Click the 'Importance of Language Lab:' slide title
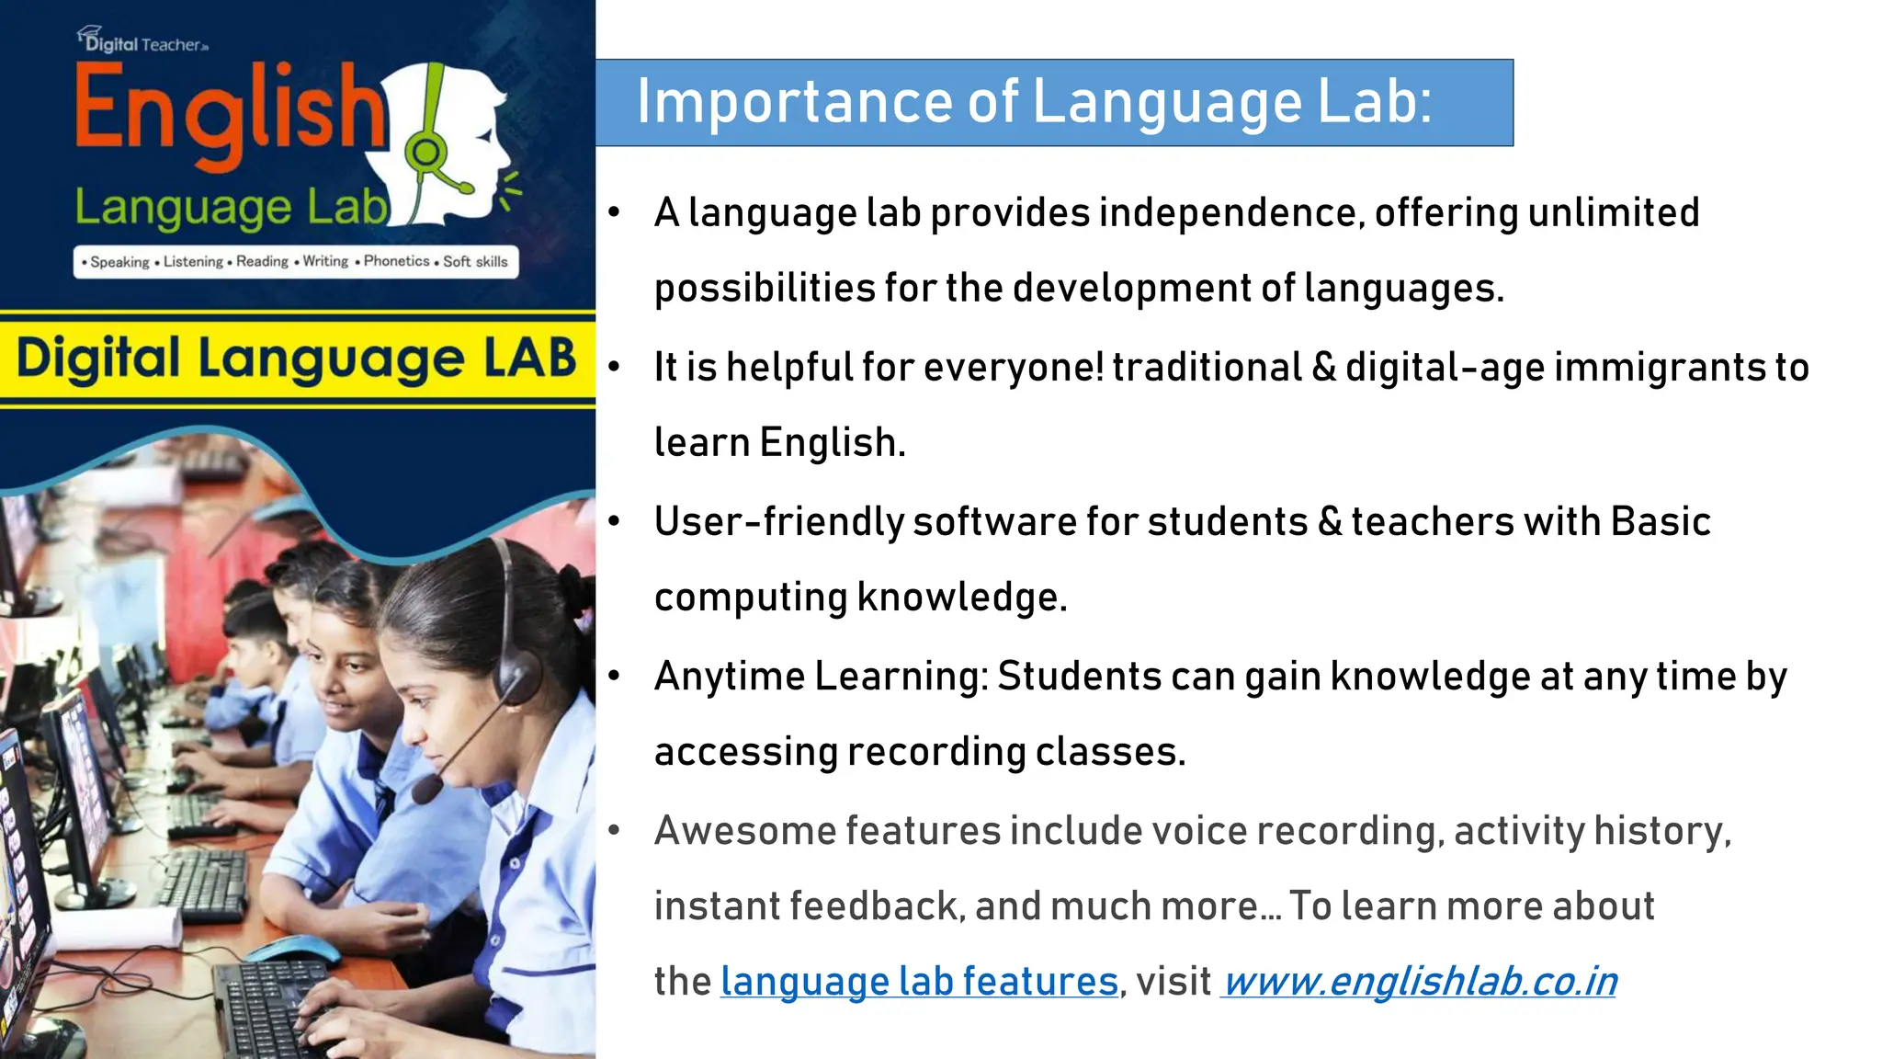coord(1034,101)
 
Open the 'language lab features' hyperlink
coord(919,982)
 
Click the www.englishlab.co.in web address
coord(1420,982)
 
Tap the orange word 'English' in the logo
coord(230,110)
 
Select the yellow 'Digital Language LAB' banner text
coord(296,359)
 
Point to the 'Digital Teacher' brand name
coord(147,43)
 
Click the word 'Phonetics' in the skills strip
coord(396,261)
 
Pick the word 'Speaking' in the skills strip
coord(119,262)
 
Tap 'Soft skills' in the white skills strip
coord(475,262)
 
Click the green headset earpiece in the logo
coord(425,152)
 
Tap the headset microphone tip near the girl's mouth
coord(425,789)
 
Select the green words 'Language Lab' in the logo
coord(230,208)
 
